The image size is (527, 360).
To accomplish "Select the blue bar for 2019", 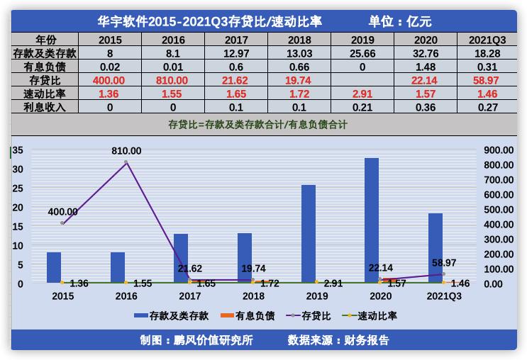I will point(309,234).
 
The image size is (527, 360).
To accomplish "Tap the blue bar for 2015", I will point(54,267).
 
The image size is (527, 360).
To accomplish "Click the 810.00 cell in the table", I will point(174,80).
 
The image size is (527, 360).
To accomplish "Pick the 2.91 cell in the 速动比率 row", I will point(362,94).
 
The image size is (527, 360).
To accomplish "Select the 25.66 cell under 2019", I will point(362,53).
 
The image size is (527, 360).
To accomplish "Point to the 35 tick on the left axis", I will point(18,150).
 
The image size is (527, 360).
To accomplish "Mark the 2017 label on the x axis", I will point(189,296).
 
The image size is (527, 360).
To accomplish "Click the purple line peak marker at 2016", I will point(126,162).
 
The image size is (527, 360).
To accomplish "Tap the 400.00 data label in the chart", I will point(64,211).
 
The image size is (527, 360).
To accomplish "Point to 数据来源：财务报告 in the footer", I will point(338,340).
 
